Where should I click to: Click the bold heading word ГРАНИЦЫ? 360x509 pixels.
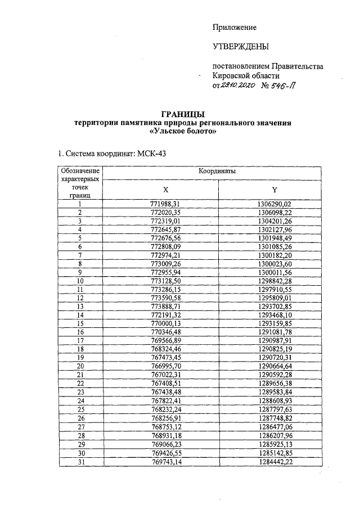tap(183, 115)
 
